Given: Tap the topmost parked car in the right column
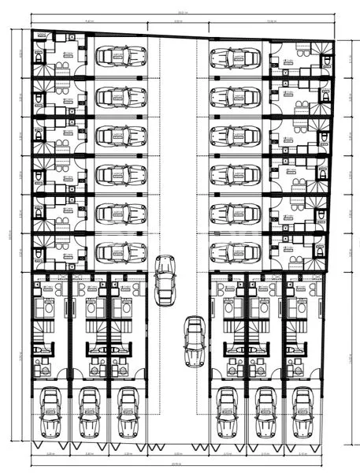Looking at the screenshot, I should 236,58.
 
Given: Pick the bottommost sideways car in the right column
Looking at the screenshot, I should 236,252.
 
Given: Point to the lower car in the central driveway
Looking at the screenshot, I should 194,341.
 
